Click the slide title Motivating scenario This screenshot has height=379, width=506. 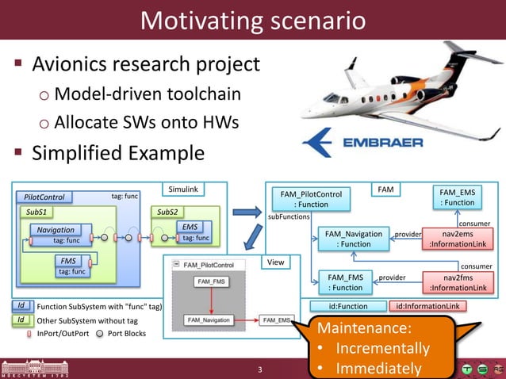(x=252, y=20)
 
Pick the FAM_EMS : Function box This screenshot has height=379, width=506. (x=458, y=197)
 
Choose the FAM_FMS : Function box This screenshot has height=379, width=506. (x=345, y=282)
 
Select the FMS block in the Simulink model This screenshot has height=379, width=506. (x=68, y=260)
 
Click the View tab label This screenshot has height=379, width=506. (x=275, y=262)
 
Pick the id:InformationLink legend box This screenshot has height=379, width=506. (x=429, y=306)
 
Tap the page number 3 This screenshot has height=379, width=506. (x=259, y=369)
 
